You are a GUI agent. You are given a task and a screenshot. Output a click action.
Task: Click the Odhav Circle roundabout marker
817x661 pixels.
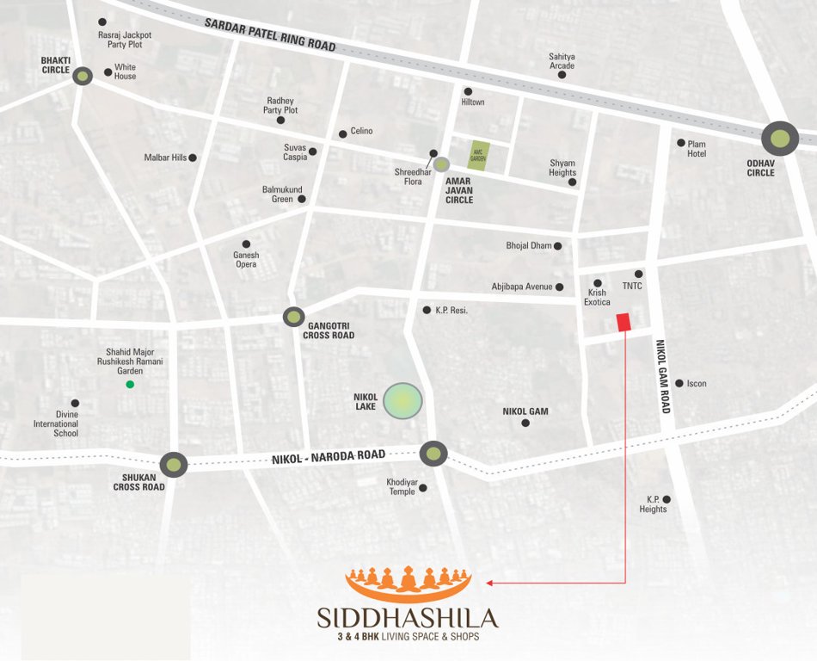coord(780,139)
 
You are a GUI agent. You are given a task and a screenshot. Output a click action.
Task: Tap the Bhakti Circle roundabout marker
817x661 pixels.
coord(83,77)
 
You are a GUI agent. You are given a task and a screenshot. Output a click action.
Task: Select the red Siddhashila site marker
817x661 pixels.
coord(623,322)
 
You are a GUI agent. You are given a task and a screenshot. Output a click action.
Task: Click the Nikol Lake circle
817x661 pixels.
coord(402,401)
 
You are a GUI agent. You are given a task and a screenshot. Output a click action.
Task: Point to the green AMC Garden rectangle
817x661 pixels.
coord(478,156)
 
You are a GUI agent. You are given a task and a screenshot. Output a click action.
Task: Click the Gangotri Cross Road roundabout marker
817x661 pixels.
coord(294,317)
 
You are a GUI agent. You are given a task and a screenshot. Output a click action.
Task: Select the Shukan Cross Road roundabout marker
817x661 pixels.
coord(174,465)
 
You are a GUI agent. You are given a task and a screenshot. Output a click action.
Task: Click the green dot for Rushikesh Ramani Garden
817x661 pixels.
coord(130,384)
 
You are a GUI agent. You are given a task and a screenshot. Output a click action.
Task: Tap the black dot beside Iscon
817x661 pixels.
coord(679,383)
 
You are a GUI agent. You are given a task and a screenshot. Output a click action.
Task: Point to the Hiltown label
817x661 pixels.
coord(473,102)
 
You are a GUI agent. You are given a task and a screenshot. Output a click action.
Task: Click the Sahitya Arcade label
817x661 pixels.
coord(562,61)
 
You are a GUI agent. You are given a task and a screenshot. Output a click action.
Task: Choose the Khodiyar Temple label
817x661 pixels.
coord(401,486)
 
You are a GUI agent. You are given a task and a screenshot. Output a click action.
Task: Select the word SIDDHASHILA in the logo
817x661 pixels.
coord(408,618)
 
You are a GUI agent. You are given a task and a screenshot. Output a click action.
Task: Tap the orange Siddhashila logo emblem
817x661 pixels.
coord(408,584)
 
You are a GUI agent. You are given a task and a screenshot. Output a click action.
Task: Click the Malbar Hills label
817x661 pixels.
coord(166,158)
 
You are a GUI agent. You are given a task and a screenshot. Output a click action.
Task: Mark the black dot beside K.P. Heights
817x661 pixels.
coord(666,499)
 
